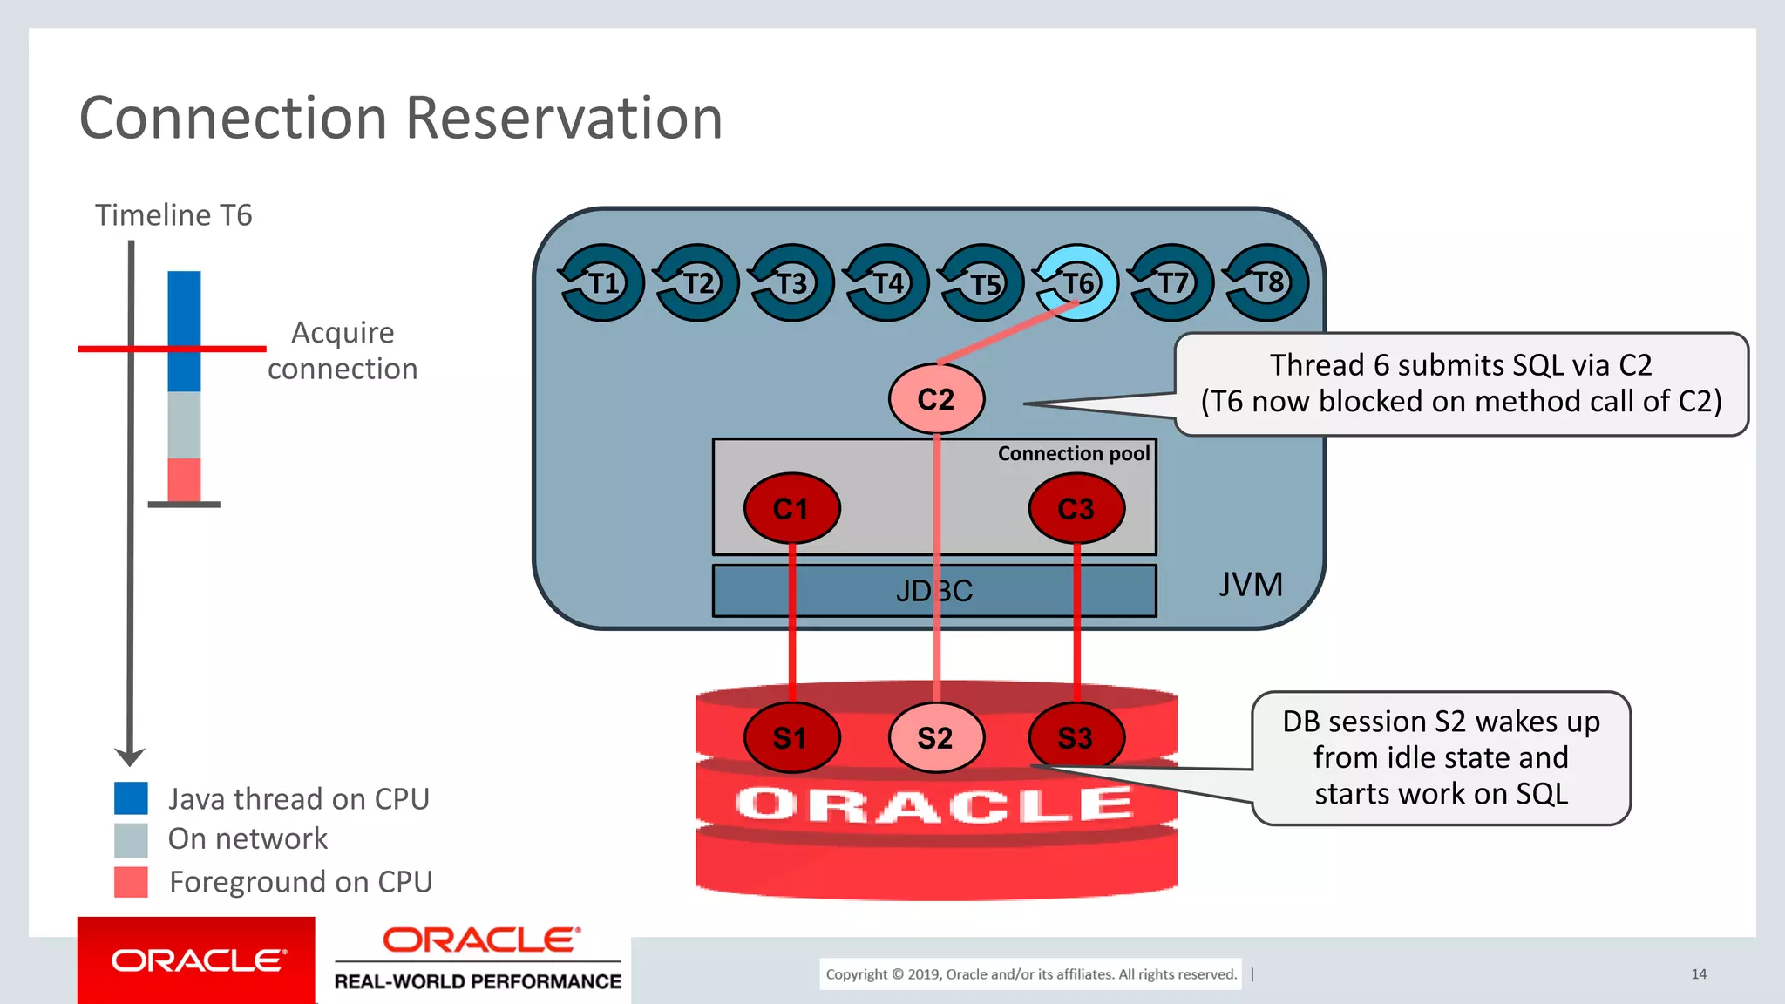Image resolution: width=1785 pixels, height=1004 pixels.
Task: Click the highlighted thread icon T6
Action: (x=1076, y=282)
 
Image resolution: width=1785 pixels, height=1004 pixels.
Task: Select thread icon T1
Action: (x=601, y=282)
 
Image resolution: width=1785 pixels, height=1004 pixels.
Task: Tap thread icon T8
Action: (x=1267, y=282)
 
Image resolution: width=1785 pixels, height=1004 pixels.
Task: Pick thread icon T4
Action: (x=887, y=282)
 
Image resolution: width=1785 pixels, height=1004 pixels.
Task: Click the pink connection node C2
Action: (x=936, y=399)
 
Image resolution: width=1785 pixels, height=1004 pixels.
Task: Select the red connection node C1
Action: (x=791, y=508)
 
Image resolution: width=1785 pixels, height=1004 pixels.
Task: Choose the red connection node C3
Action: (x=1076, y=508)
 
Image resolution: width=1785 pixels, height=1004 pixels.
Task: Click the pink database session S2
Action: (x=936, y=737)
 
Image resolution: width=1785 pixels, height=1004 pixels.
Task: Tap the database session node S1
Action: (x=791, y=737)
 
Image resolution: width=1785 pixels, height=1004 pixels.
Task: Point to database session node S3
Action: (x=1076, y=737)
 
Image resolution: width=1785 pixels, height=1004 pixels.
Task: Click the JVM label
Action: (x=1251, y=584)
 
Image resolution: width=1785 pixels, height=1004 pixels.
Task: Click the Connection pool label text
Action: (x=1074, y=453)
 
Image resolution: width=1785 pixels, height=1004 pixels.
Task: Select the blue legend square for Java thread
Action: (x=131, y=797)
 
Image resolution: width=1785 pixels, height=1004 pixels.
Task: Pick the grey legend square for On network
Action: (x=131, y=840)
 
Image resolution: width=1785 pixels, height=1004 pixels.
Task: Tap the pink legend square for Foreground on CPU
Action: (x=131, y=881)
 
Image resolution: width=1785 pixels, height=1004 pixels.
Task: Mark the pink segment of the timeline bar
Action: (x=184, y=478)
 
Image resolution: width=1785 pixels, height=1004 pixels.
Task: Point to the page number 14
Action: (x=1699, y=973)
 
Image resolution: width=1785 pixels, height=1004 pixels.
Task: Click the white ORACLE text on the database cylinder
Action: (x=934, y=804)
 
